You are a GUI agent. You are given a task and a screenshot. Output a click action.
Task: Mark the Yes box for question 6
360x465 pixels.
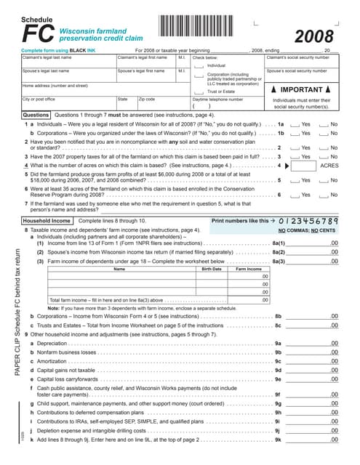click(295, 195)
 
